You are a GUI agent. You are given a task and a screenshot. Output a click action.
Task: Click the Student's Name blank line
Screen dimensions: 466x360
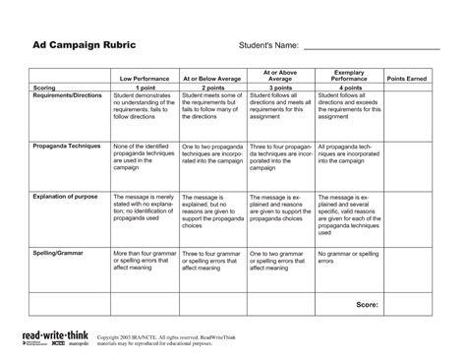(x=371, y=49)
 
